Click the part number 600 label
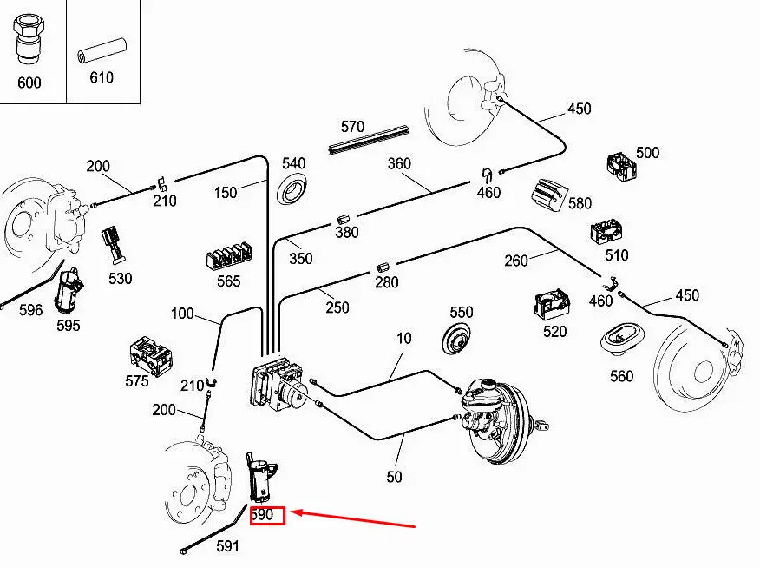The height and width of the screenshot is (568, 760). click(29, 83)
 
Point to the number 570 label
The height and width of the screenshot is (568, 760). click(352, 126)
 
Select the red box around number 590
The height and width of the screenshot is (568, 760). click(267, 515)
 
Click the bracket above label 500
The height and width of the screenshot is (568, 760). click(622, 167)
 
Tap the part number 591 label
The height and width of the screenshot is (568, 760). click(227, 546)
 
